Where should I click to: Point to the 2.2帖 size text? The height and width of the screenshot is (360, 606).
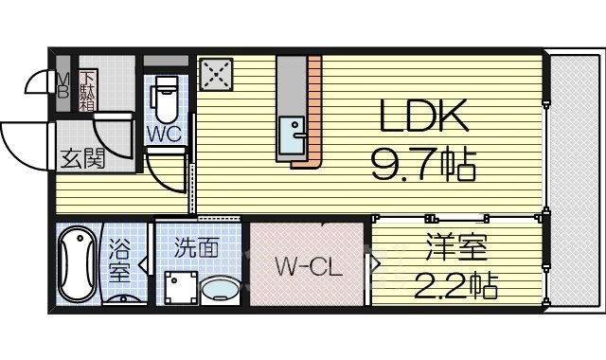[x=455, y=284]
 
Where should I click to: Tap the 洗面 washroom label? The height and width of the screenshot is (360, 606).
[x=196, y=248]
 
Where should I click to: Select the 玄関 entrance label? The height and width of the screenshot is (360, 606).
[x=83, y=158]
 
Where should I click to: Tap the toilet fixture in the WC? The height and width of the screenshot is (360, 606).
[x=165, y=96]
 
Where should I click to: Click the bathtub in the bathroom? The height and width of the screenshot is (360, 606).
[x=73, y=264]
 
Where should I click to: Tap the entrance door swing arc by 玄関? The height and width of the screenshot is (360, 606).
[x=24, y=142]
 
